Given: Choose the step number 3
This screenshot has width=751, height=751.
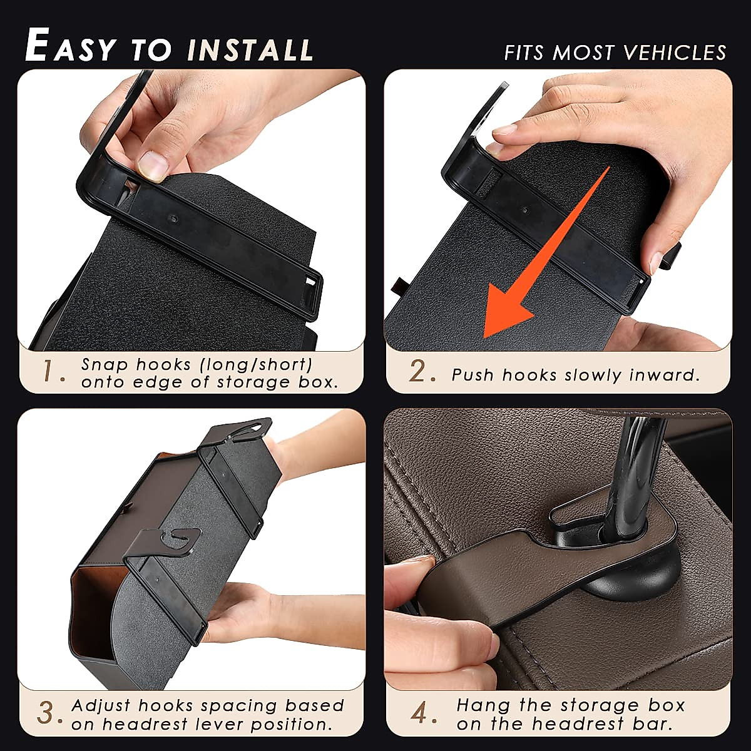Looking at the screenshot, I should (x=49, y=714).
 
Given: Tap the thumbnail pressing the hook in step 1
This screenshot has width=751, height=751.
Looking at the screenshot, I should (x=152, y=166).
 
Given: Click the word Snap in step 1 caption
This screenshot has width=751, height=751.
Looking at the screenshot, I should (x=105, y=364).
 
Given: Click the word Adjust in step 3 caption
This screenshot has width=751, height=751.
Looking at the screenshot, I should (x=101, y=705).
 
